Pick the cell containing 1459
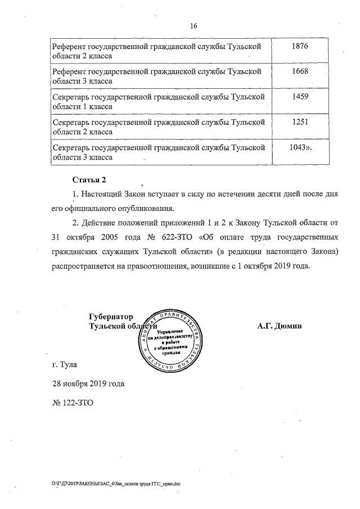click(x=301, y=97)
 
